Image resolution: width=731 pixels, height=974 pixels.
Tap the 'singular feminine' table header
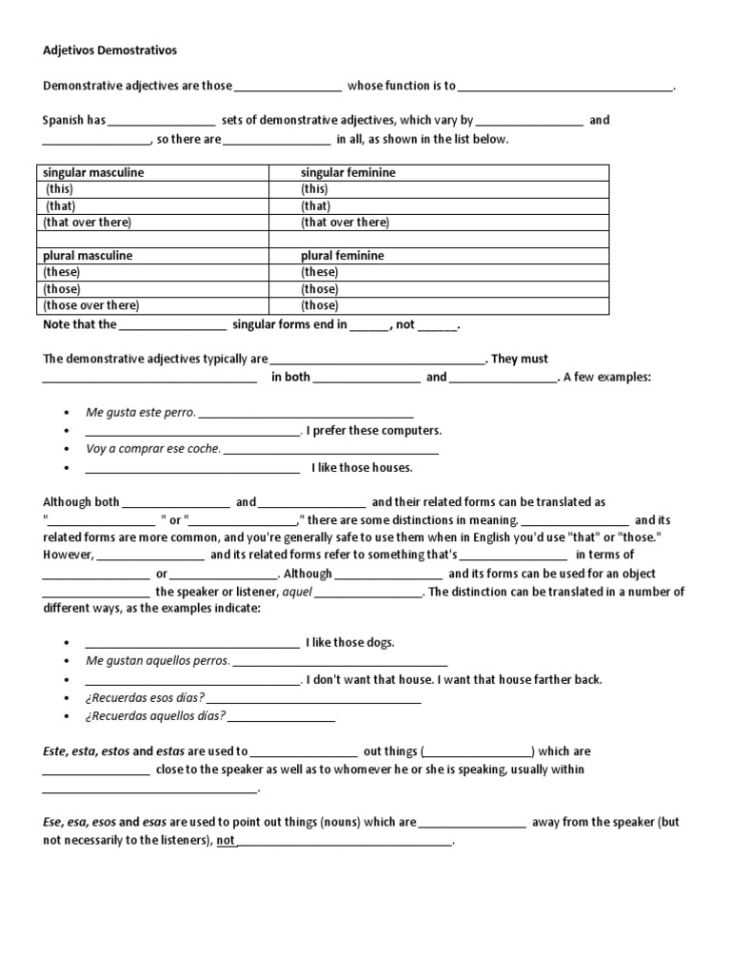[348, 172]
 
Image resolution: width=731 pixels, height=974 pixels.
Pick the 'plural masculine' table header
[88, 256]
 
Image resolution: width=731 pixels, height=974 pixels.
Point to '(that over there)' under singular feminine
[346, 222]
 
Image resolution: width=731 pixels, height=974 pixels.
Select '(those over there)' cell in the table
[91, 305]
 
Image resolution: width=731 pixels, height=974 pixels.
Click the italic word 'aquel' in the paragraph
[297, 592]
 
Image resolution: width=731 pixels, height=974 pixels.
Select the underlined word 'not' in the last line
[226, 841]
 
